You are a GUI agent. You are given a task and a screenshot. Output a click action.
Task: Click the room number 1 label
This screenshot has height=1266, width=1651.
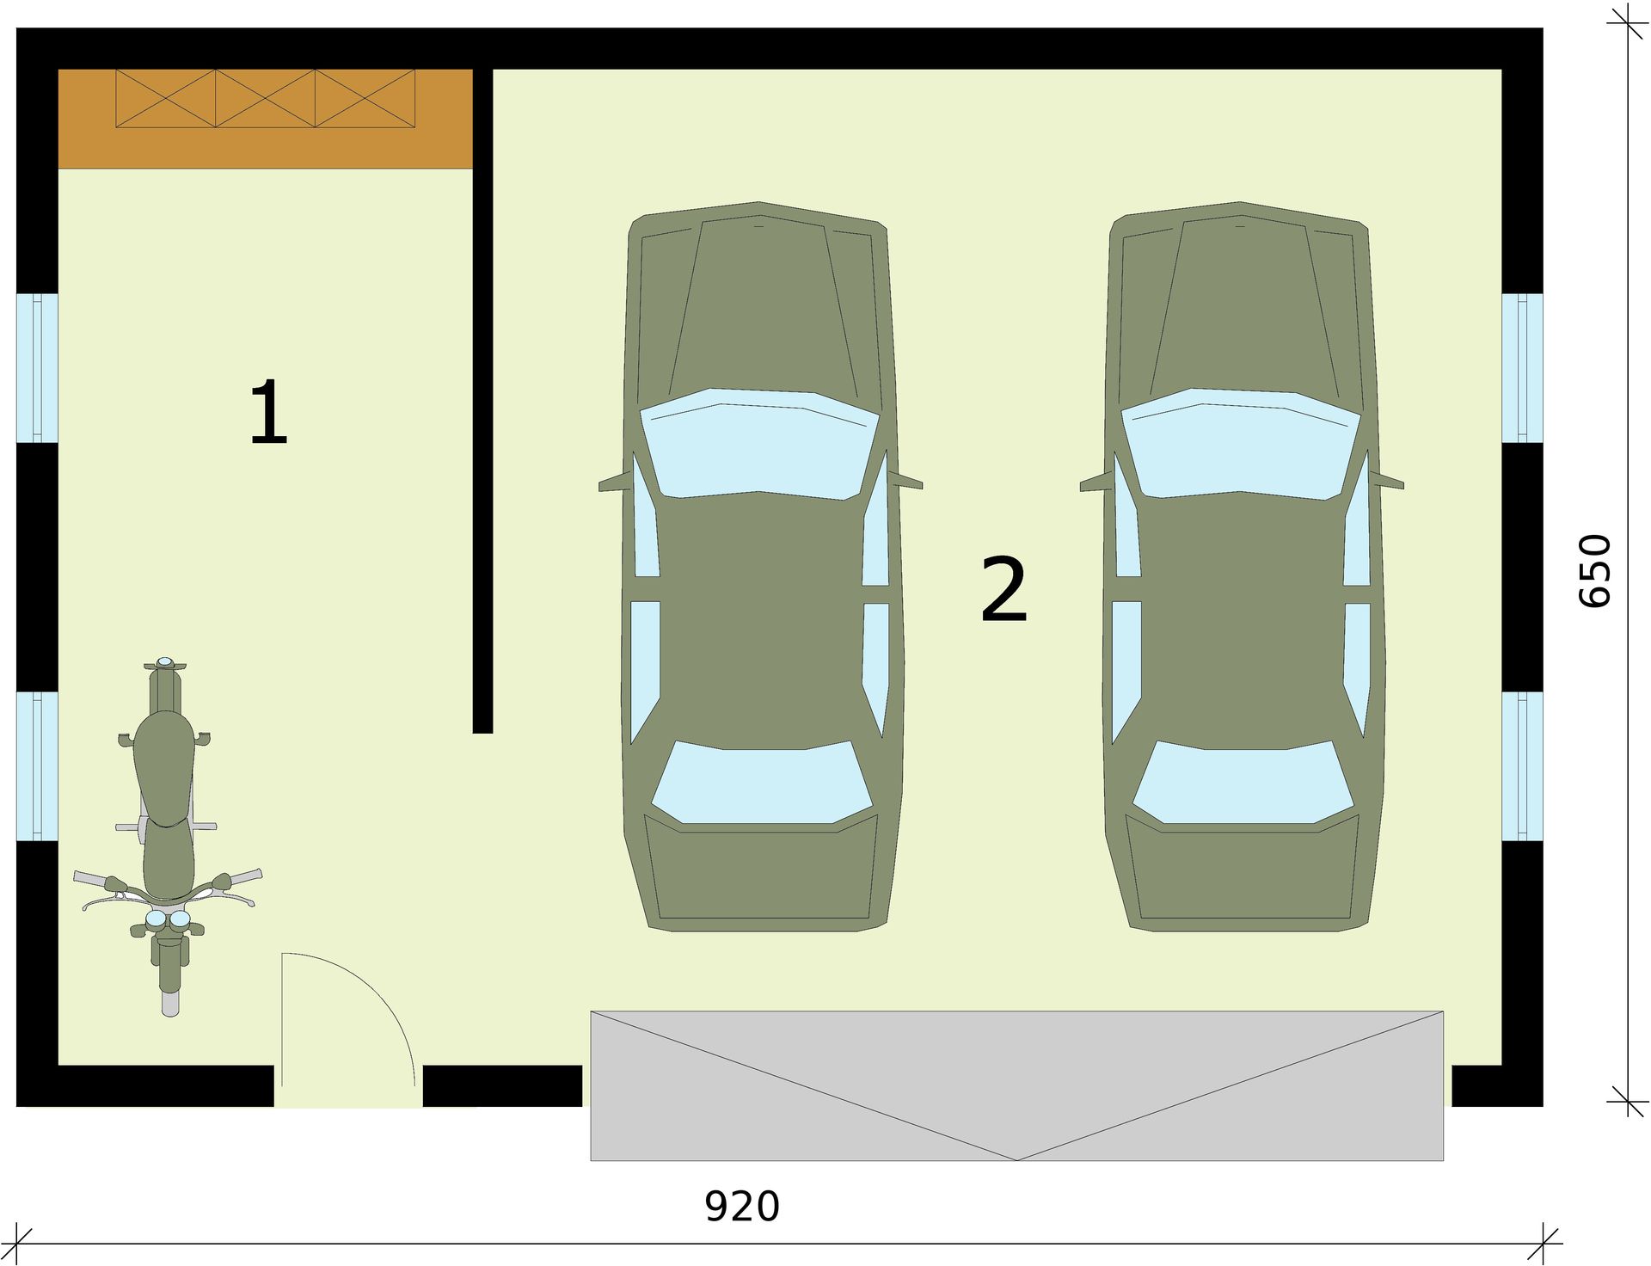click(x=268, y=413)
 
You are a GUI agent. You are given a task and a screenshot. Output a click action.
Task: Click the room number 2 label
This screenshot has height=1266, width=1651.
click(x=1003, y=589)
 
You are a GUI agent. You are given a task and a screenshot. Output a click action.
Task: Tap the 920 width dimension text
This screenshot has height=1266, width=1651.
click(x=742, y=1206)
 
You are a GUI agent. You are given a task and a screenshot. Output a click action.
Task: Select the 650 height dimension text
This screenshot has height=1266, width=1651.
click(x=1594, y=571)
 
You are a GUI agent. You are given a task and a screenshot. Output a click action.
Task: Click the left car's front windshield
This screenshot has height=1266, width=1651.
click(x=759, y=443)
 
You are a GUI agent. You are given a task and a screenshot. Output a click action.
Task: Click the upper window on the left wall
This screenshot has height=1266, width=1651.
click(x=37, y=368)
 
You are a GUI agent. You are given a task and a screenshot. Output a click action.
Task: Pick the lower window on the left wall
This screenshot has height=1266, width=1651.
click(x=37, y=765)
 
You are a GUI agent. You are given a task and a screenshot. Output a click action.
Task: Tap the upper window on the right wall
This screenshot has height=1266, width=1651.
click(x=1523, y=368)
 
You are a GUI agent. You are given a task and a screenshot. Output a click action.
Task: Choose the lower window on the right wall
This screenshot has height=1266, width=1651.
click(x=1523, y=765)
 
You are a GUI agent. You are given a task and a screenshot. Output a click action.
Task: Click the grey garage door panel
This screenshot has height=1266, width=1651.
click(x=1016, y=1085)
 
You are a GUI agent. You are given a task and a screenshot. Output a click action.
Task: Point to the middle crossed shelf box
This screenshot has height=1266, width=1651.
click(x=265, y=99)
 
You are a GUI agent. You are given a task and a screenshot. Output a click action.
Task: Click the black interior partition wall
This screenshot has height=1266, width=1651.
click(x=482, y=401)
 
